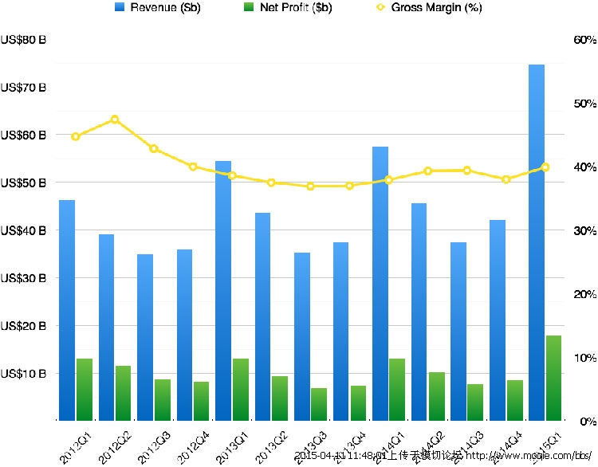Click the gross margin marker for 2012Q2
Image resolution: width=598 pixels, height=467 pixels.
(115, 120)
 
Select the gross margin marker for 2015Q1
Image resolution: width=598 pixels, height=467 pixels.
(545, 167)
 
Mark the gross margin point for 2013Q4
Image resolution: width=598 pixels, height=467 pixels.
(349, 186)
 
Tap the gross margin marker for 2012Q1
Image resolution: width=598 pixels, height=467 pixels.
(76, 136)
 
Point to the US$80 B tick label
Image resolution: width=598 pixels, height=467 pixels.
(24, 41)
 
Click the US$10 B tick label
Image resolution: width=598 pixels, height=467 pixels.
(24, 374)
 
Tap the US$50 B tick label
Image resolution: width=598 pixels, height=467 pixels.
(24, 183)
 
